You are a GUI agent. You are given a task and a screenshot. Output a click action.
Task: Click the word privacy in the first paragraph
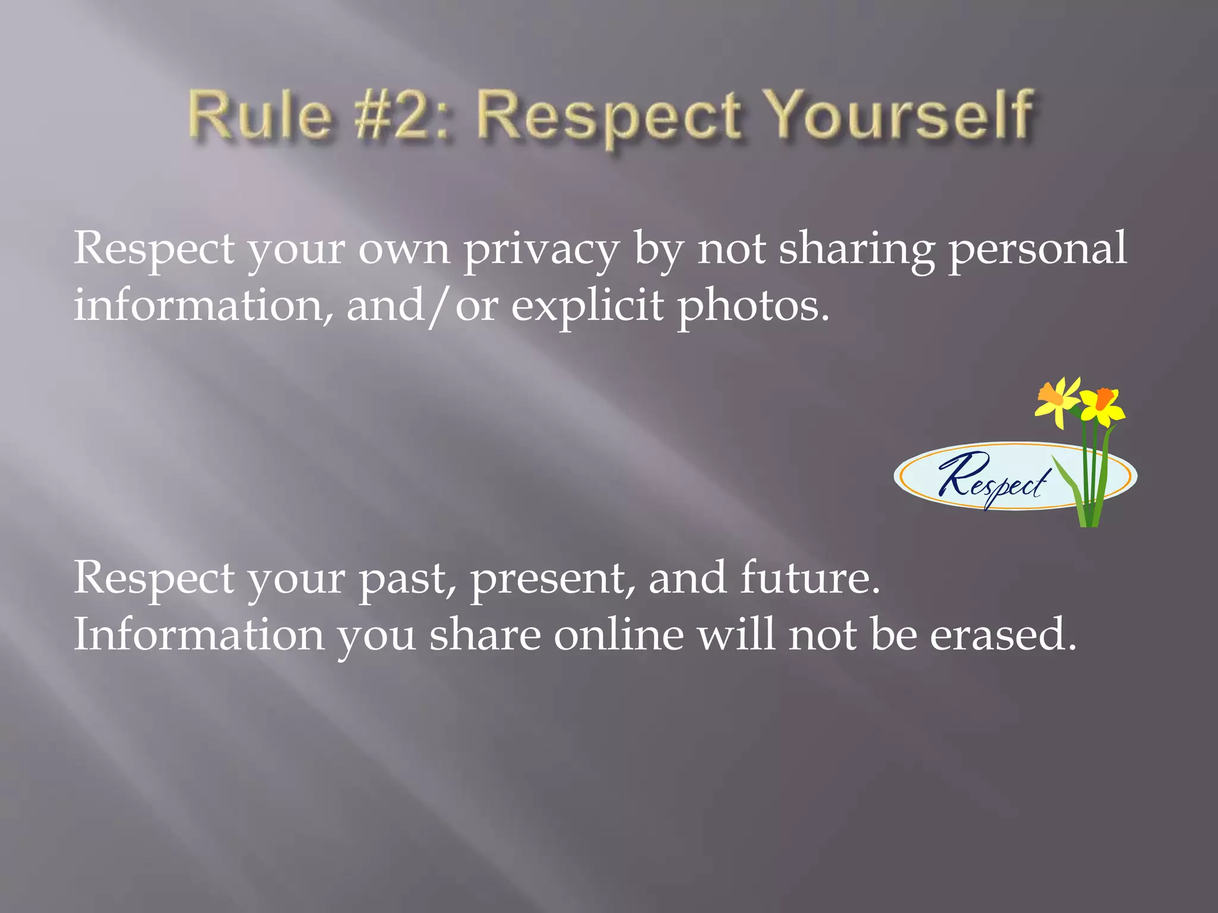point(541,250)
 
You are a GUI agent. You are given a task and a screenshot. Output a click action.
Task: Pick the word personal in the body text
point(1037,250)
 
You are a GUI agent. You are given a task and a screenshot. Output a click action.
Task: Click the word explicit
point(587,307)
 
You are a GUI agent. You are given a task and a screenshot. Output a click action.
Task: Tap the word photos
point(753,307)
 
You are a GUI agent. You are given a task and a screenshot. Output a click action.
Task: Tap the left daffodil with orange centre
point(1057,401)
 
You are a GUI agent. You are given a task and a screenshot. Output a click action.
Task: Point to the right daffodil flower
point(1103,405)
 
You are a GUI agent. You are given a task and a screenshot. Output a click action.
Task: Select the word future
point(810,578)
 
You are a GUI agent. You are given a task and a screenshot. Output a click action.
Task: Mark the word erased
point(1003,635)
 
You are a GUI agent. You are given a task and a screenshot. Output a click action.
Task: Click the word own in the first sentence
point(404,250)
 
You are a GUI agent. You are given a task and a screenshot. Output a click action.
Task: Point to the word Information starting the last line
point(199,635)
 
